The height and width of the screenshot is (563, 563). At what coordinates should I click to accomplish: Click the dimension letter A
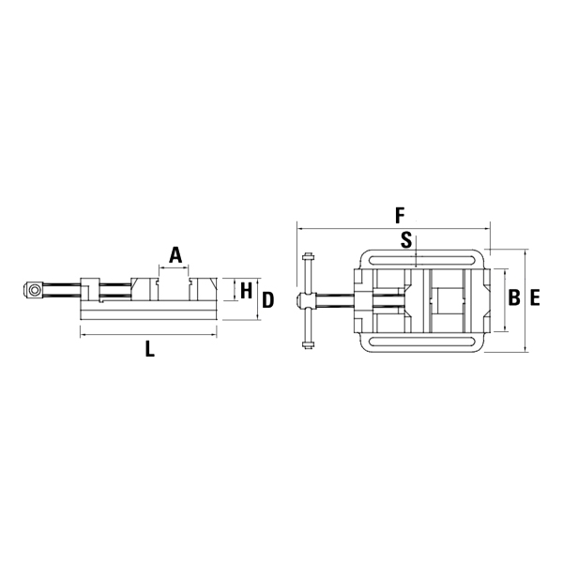click(175, 254)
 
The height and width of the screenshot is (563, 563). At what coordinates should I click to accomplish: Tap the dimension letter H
click(246, 291)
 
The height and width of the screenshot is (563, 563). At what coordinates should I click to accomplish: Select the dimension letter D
click(267, 300)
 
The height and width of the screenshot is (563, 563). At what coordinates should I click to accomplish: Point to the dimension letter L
click(150, 349)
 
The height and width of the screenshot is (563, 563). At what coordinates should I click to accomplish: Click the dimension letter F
click(400, 216)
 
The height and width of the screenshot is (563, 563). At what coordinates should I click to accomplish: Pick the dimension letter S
click(406, 240)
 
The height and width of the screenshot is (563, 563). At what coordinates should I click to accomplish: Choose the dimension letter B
click(514, 297)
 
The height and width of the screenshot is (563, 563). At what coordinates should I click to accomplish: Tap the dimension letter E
click(535, 297)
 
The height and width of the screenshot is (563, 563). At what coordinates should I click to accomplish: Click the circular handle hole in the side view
click(35, 290)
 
